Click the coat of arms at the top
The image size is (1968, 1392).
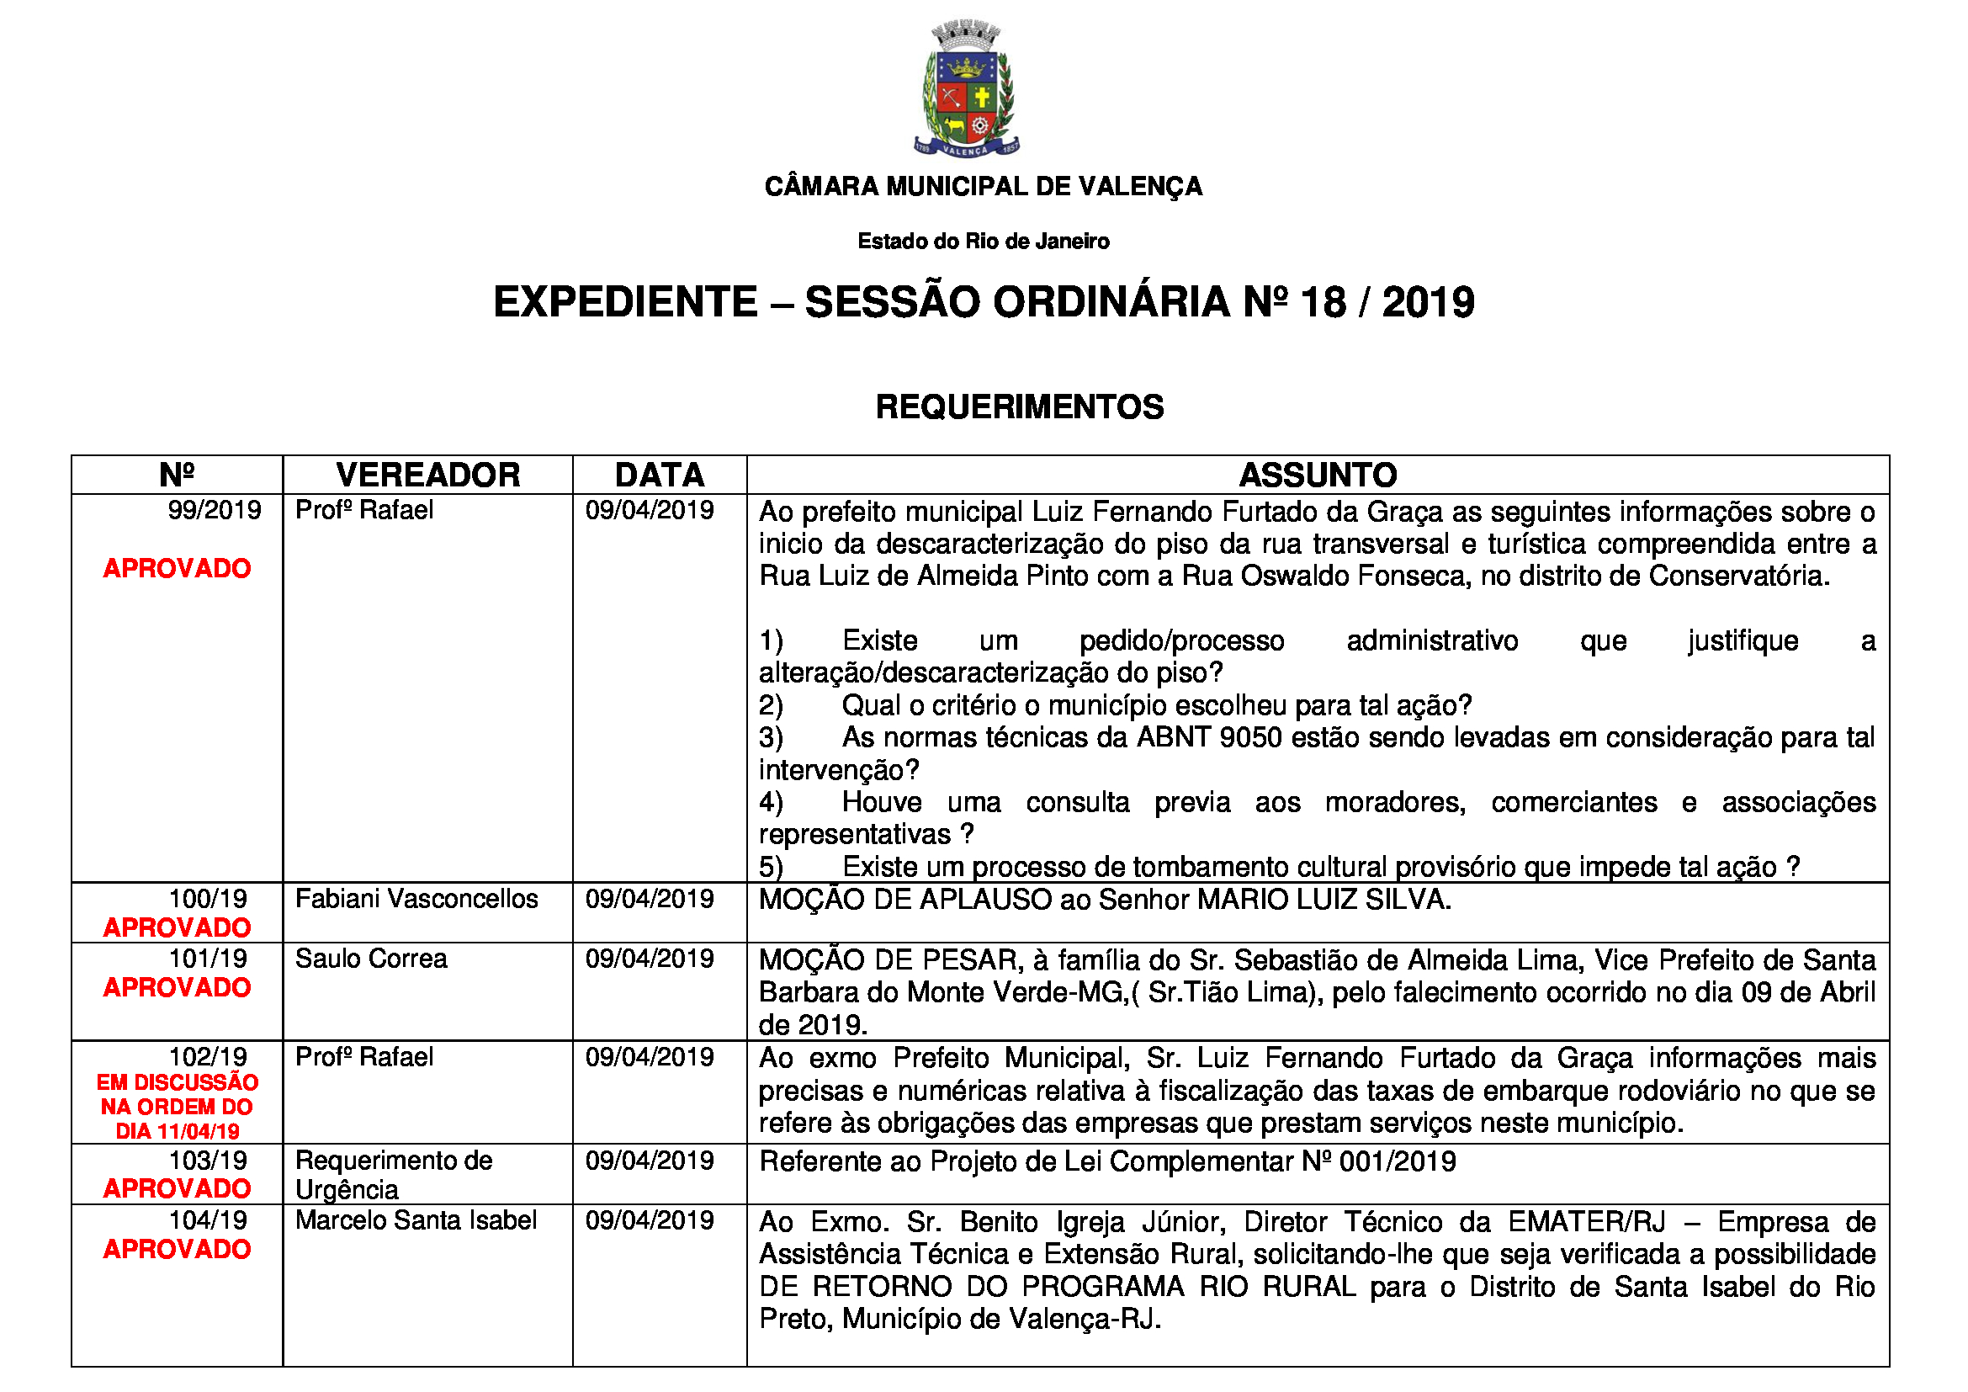click(966, 90)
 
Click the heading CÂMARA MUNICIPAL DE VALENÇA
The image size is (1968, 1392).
click(983, 186)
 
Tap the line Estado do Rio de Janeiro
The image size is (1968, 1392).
click(983, 242)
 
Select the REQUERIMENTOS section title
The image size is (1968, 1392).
click(1019, 407)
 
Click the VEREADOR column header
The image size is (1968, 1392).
click(427, 475)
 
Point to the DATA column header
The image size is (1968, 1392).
click(659, 475)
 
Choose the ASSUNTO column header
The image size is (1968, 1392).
click(1318, 475)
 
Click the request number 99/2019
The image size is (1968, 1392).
click(215, 511)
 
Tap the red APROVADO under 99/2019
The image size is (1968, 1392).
click(178, 568)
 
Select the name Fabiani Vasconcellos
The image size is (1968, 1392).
click(416, 899)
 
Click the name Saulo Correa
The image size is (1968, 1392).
click(371, 959)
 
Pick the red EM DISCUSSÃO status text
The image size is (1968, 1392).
click(178, 1083)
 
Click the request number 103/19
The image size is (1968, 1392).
click(209, 1161)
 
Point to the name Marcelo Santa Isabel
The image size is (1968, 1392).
click(416, 1220)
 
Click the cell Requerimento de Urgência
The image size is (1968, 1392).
click(394, 1175)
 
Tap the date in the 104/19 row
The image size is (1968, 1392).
click(649, 1220)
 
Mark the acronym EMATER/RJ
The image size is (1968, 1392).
click(1587, 1222)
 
